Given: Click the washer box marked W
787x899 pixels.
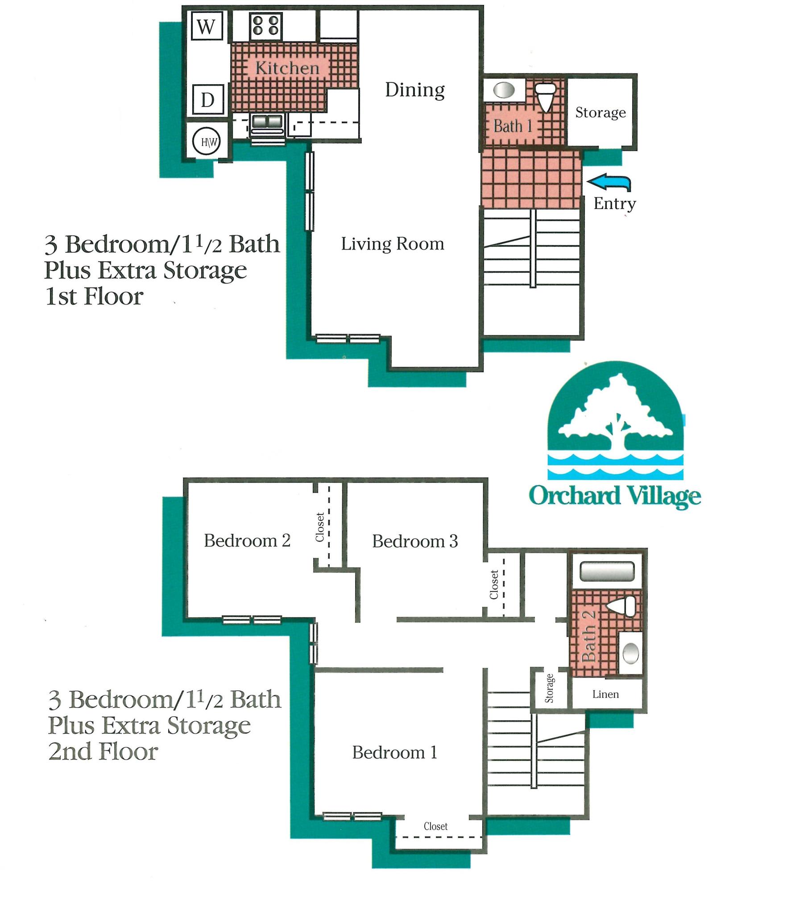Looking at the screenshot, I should pos(206,26).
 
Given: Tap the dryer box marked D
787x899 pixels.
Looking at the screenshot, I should pos(207,100).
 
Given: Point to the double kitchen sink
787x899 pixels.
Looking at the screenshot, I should pos(267,121).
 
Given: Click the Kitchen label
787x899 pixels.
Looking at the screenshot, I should pos(287,68).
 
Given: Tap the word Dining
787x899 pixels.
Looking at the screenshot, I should pos(414,90).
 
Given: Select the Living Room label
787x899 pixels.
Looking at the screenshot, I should pos(393,244).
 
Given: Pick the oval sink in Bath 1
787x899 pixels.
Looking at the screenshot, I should pos(504,90).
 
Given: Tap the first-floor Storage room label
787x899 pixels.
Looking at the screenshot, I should pos(600,113).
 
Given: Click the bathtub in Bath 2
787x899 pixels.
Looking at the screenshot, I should pos(607,571).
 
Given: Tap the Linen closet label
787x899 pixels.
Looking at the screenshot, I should pos(605,694).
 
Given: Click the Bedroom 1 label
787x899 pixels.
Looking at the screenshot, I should pos(394,753).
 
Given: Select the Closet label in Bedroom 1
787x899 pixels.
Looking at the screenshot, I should pos(435,826).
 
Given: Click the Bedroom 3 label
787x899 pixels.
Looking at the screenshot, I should pos(415,542).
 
